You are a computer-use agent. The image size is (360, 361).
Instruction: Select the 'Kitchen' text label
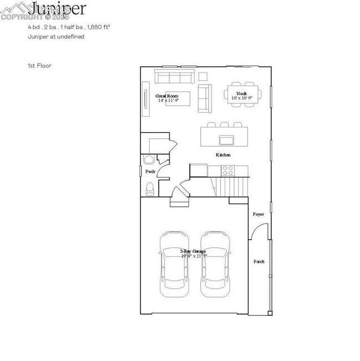coord(223,155)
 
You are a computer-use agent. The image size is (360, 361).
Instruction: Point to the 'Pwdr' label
coord(150,172)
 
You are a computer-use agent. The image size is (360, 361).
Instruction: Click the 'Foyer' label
coord(258,214)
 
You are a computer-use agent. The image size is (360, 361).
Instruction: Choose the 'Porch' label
coord(259,261)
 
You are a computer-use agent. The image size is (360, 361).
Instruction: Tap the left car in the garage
coord(173,263)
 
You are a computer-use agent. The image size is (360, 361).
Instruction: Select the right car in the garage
coord(215,263)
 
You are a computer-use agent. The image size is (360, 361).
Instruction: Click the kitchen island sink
coord(227,139)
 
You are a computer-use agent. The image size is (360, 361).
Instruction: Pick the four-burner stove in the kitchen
coord(227,170)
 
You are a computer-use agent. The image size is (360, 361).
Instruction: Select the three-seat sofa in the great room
coord(173,76)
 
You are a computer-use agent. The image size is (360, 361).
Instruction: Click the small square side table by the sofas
coord(203,76)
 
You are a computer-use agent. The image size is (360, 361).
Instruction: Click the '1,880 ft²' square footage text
coord(102,26)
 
